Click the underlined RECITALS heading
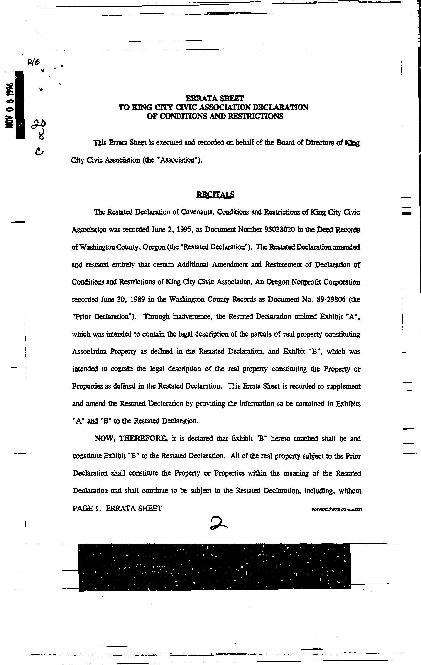[x=215, y=195]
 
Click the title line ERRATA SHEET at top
[x=215, y=98]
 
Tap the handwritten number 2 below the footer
[x=218, y=523]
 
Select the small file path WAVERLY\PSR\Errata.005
[x=336, y=510]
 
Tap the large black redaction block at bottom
[x=214, y=567]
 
